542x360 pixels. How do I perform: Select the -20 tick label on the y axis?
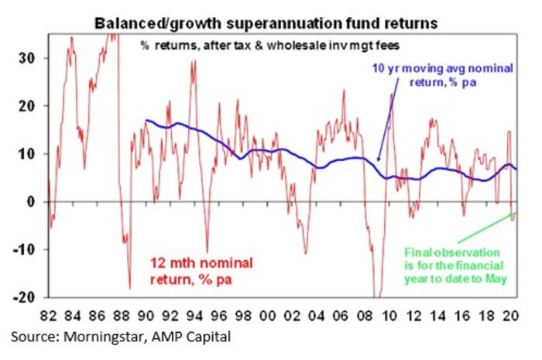pyautogui.click(x=25, y=297)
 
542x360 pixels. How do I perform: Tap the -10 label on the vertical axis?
pyautogui.click(x=25, y=249)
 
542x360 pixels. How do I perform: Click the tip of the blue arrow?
pyautogui.click(x=378, y=162)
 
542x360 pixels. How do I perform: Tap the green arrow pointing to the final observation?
pyautogui.click(x=488, y=232)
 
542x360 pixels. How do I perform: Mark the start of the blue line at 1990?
pyautogui.click(x=145, y=120)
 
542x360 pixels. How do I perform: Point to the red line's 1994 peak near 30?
pyautogui.click(x=194, y=62)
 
